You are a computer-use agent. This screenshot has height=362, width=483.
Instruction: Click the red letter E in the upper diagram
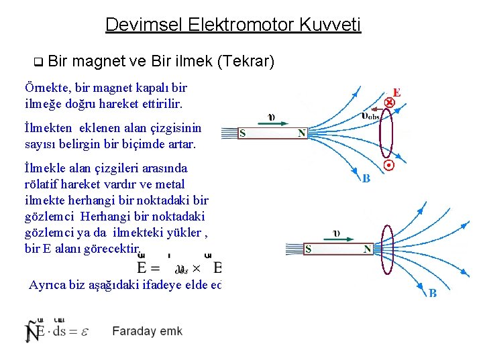(396, 93)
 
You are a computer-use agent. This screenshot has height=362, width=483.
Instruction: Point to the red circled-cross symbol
(388, 103)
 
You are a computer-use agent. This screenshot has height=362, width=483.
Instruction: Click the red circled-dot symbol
(388, 165)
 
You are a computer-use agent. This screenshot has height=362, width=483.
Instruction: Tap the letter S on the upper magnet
(243, 133)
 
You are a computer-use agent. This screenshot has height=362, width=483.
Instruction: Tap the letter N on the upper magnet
(302, 133)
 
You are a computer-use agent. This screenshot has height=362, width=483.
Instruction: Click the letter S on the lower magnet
(308, 249)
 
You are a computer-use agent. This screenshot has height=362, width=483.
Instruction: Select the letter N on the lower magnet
(367, 249)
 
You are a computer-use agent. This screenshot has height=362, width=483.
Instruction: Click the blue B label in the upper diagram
(366, 179)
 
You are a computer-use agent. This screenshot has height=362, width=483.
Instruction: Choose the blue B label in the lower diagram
(433, 293)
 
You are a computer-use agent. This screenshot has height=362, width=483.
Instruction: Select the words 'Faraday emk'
(147, 330)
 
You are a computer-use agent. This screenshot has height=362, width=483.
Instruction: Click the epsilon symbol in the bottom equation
(85, 330)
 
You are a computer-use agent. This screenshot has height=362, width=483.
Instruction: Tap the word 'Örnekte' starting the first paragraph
(44, 88)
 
